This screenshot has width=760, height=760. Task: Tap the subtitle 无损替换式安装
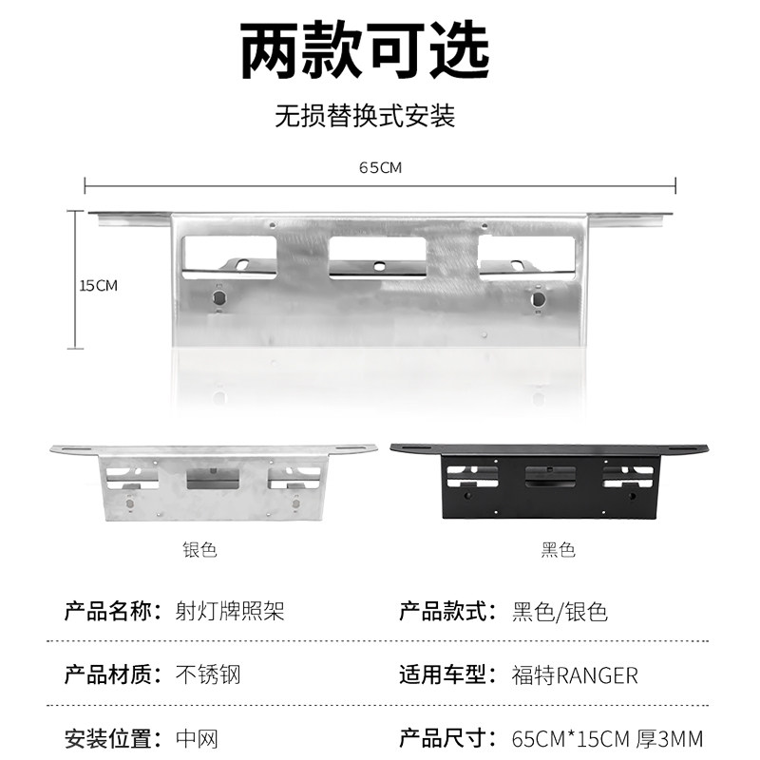click(x=365, y=116)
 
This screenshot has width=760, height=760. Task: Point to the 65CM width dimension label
click(x=380, y=168)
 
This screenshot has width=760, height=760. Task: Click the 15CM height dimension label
click(x=98, y=285)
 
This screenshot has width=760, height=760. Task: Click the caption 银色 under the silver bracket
click(x=199, y=550)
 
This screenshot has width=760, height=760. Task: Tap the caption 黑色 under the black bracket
click(x=559, y=550)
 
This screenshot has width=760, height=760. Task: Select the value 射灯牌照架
click(x=230, y=611)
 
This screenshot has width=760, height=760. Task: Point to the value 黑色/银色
click(x=560, y=611)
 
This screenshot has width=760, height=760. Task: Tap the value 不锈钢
click(x=209, y=675)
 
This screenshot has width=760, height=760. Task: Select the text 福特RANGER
click(x=575, y=675)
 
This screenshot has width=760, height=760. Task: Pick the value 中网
click(x=198, y=738)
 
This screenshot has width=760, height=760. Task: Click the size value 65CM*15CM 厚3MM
click(x=620, y=738)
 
